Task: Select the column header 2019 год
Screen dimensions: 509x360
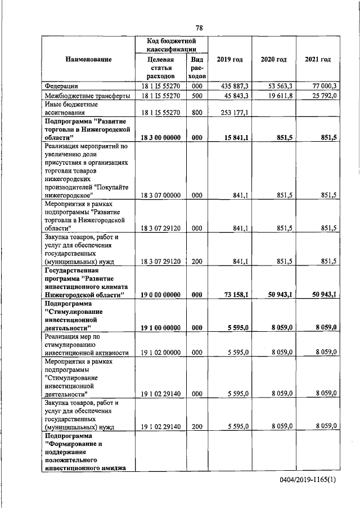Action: click(229, 60)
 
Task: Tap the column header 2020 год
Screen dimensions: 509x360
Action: click(273, 60)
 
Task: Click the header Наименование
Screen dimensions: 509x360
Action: click(88, 60)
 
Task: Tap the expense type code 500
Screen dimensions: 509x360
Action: click(196, 96)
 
